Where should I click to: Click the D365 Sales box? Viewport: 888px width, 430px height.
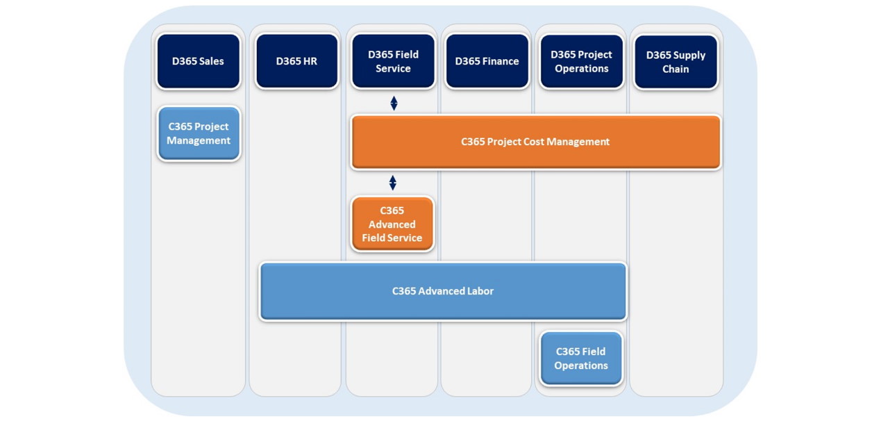pos(198,61)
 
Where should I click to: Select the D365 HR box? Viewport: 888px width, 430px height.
pos(296,61)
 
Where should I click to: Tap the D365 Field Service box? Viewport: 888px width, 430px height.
pos(393,61)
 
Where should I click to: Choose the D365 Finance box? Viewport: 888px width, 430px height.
pos(487,61)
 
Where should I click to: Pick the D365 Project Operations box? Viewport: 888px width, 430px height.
pos(582,61)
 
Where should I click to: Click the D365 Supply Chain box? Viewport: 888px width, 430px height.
pos(676,62)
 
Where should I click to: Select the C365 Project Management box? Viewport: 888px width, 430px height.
pos(199,133)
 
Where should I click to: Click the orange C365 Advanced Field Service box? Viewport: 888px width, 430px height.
pos(392,224)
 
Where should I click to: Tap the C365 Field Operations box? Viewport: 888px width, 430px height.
pos(581,358)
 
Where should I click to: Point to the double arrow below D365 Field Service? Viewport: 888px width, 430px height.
pos(394,104)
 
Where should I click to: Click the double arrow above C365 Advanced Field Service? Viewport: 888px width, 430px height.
pos(393,183)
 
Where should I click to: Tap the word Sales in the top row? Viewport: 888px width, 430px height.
pos(211,61)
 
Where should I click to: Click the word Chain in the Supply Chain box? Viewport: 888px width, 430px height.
pos(676,69)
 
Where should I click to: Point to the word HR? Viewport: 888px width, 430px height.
pos(309,61)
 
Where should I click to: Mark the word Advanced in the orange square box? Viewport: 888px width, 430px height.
pos(392,224)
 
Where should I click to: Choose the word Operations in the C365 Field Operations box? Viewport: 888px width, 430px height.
pos(581,365)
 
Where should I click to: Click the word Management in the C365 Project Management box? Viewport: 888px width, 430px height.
pos(199,140)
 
